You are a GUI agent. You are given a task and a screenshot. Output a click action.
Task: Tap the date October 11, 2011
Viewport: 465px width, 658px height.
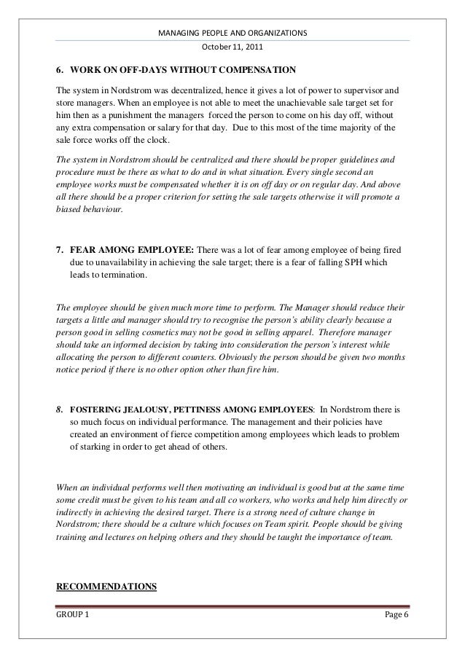(x=232, y=49)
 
